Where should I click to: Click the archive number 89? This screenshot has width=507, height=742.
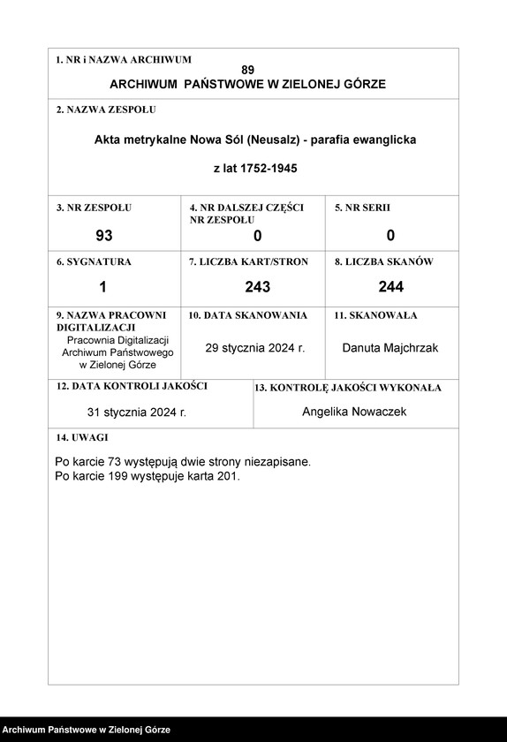(x=247, y=70)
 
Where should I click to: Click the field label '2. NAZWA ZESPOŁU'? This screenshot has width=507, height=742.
(x=106, y=110)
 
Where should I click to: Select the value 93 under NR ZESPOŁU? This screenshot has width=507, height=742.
(x=104, y=236)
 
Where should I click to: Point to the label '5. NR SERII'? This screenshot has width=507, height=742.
(x=362, y=208)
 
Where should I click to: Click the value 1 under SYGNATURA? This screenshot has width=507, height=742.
(x=102, y=286)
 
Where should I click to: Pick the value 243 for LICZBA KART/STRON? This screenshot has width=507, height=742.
(x=257, y=286)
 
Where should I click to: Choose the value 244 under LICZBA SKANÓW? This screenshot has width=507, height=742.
(x=390, y=286)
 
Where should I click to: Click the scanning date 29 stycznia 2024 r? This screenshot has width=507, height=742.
(x=255, y=348)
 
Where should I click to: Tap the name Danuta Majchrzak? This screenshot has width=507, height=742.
(x=390, y=348)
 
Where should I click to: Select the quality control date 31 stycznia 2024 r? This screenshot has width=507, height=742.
(x=137, y=412)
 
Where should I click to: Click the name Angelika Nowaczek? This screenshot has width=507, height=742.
(x=354, y=412)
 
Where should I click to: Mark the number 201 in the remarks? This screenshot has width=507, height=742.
(x=227, y=475)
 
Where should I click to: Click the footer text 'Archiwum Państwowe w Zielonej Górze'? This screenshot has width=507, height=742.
(x=86, y=731)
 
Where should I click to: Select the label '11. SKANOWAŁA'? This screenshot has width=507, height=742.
(x=375, y=315)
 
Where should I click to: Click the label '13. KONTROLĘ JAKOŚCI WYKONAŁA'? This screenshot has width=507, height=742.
(x=348, y=388)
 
